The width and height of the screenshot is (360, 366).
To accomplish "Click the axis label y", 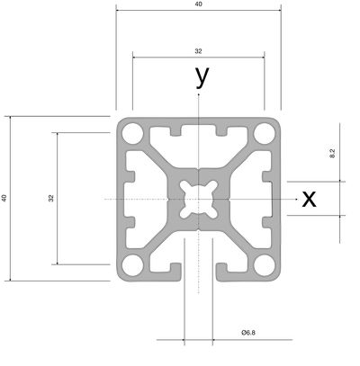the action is (202, 77).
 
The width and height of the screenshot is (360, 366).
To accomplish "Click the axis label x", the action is (309, 199).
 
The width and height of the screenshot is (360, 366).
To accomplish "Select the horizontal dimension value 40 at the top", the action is (198, 4).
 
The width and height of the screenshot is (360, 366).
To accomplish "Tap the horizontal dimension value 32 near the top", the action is (198, 51).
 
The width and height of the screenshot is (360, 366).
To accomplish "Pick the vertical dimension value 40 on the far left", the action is (4, 198).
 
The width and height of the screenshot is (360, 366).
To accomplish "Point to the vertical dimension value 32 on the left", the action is (51, 198).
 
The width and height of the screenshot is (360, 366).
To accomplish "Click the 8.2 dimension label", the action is (332, 154).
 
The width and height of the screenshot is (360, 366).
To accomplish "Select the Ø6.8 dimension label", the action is (248, 333).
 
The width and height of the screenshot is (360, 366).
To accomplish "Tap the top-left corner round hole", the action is (132, 133).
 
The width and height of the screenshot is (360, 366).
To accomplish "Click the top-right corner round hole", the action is (265, 133).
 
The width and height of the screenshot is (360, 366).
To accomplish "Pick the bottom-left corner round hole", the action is (132, 265).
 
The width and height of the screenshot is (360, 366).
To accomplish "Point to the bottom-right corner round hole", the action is (265, 265).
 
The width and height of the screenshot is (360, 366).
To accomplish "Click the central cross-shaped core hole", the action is (198, 199).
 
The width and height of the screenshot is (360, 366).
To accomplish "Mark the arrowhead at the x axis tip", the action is (296, 199).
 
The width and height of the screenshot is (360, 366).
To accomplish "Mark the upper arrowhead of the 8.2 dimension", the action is (340, 181).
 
